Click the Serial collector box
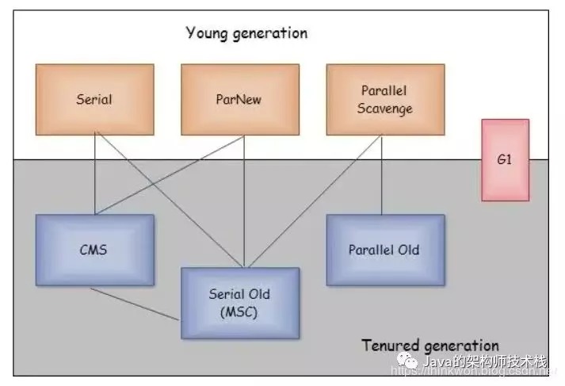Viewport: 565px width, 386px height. (x=94, y=99)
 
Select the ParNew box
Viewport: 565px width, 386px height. (x=239, y=99)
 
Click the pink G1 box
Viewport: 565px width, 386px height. (x=505, y=159)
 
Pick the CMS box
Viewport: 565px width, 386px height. (x=94, y=250)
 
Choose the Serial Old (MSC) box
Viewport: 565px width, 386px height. (x=239, y=303)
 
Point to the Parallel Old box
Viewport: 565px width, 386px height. (x=384, y=250)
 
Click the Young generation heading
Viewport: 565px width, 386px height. (x=246, y=33)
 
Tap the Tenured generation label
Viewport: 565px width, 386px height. (x=430, y=346)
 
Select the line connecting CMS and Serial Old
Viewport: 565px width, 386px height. (x=135, y=304)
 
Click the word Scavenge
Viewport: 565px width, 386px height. (x=385, y=109)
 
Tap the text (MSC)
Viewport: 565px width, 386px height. (x=239, y=311)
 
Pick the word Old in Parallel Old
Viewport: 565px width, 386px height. (x=409, y=250)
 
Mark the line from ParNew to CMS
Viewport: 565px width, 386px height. (x=166, y=174)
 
